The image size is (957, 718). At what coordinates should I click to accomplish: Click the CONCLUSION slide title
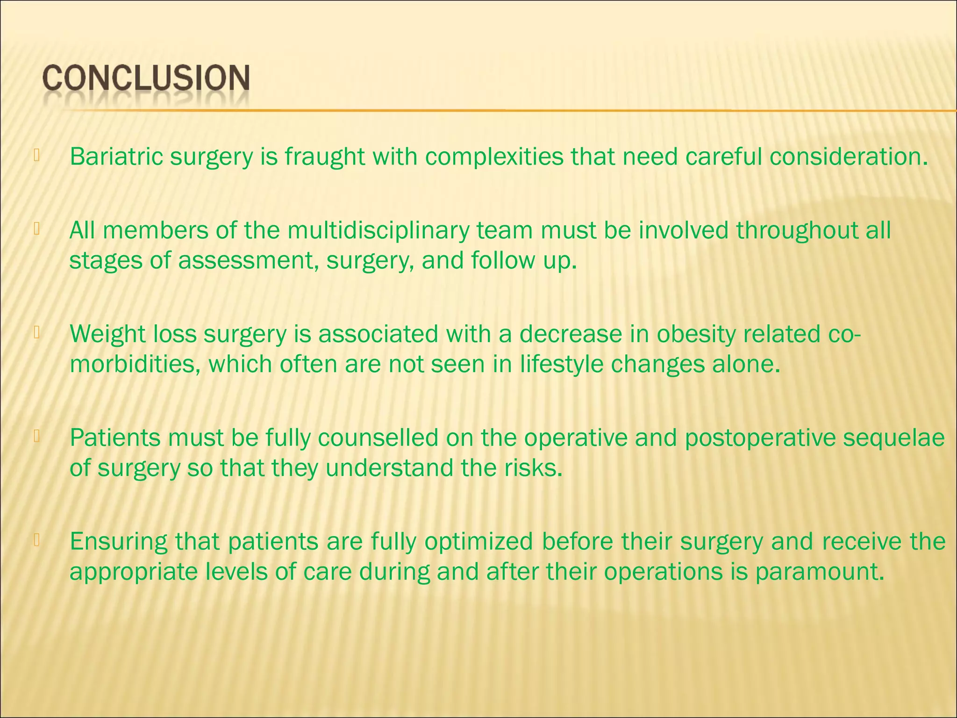click(146, 78)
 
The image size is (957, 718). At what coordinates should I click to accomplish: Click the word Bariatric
click(116, 157)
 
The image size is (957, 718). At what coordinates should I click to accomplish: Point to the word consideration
click(849, 157)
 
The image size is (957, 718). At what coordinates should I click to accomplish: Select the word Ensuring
click(119, 542)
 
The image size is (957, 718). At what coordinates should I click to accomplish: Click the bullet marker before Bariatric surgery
click(36, 155)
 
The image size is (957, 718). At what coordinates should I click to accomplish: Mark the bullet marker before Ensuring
click(36, 540)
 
